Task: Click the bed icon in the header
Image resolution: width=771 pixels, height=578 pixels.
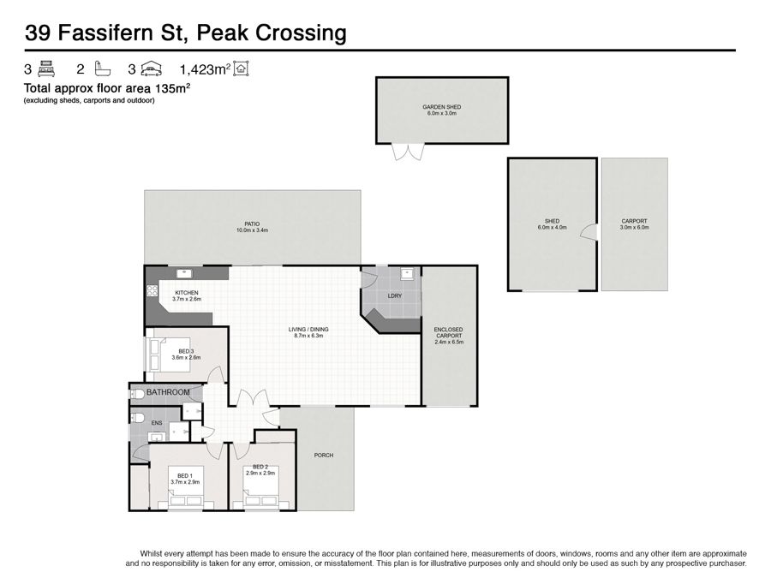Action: point(46,69)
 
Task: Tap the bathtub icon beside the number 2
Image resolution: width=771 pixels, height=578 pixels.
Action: point(102,69)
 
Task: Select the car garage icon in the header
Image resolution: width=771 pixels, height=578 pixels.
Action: point(151,69)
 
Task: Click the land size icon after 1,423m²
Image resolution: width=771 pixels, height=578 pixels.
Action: point(241,69)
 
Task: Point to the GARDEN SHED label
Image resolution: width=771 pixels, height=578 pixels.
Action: point(441,107)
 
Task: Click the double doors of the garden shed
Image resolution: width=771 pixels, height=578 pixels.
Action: point(408,152)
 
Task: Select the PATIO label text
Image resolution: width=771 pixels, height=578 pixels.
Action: point(252,224)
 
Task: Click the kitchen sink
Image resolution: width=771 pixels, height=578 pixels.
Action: point(184,273)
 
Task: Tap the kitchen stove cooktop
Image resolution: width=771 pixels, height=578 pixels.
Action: point(152,290)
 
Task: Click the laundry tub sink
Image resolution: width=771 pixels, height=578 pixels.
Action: point(407,274)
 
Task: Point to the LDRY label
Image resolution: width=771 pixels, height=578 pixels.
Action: point(394,296)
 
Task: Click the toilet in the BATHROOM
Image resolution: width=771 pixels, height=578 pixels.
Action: point(136,394)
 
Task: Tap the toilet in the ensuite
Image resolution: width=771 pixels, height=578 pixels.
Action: point(136,418)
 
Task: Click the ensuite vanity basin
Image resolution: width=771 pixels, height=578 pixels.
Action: point(157,438)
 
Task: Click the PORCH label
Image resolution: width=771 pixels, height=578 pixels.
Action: point(324,456)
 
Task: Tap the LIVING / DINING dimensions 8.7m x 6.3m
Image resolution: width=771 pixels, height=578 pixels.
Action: point(308,336)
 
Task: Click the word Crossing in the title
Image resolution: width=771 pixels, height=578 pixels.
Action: point(301,33)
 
